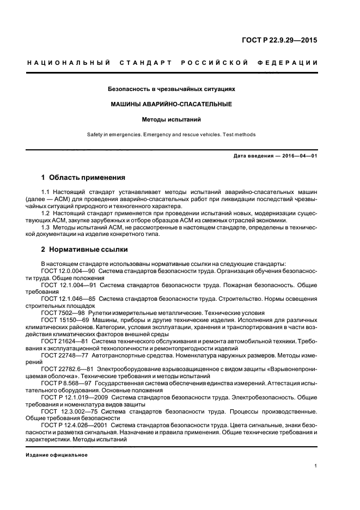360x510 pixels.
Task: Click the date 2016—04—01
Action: pos(298,156)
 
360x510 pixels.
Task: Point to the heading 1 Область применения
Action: pos(83,178)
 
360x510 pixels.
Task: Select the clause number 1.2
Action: pos(46,214)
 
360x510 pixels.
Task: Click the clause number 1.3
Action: pos(46,227)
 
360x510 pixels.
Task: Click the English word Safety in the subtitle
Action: pos(95,134)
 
